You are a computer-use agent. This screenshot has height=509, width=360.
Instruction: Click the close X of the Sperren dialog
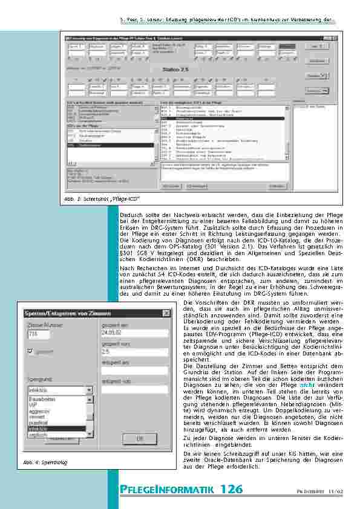pyautogui.click(x=166, y=313)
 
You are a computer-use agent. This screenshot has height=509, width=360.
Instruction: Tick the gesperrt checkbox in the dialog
pyautogui.click(x=31, y=351)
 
